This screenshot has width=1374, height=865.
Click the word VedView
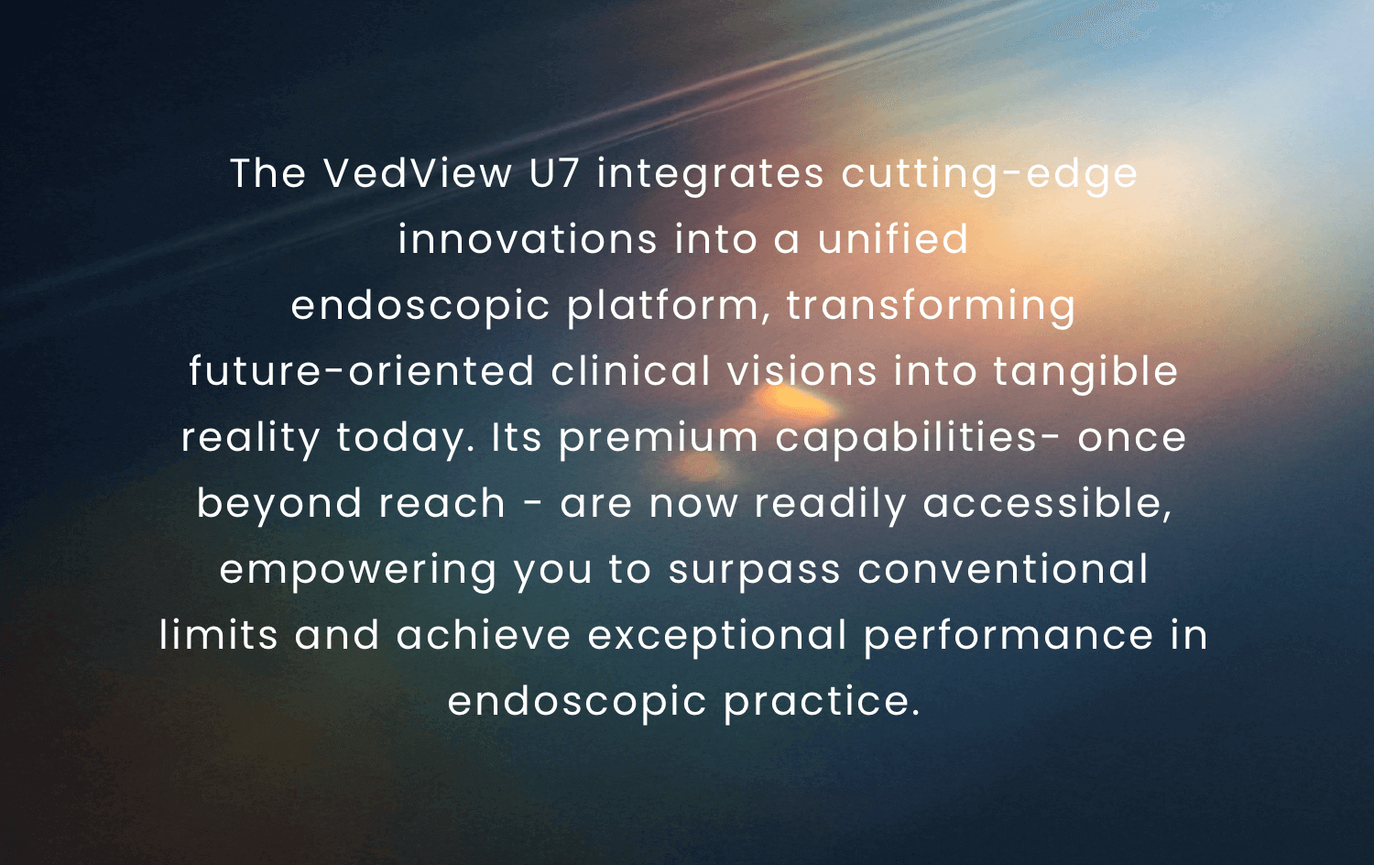tap(418, 173)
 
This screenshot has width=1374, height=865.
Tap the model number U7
tap(554, 173)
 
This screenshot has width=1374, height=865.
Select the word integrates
tap(710, 175)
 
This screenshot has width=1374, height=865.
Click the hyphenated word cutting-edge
tap(989, 176)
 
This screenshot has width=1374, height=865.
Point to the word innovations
tap(528, 238)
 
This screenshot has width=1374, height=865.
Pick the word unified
tap(893, 238)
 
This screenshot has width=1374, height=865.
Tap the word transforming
tap(931, 306)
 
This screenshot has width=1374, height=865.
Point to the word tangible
tap(1085, 372)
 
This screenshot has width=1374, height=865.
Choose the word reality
tap(250, 439)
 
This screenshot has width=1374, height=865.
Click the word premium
tap(659, 439)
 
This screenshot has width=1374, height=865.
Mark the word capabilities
tap(906, 439)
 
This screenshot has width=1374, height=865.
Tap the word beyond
tap(279, 504)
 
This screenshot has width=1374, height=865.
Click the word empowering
tap(357, 571)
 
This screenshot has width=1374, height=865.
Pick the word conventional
tap(1003, 569)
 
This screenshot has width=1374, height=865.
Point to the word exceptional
tap(717, 637)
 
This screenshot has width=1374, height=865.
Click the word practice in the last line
tap(822, 703)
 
